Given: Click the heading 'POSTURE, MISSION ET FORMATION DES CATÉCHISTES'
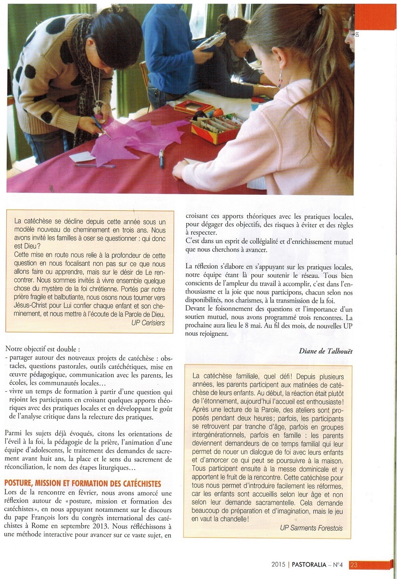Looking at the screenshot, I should (83, 483).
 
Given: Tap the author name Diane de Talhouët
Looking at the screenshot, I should (326, 351).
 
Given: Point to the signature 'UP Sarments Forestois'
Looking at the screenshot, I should (311, 528).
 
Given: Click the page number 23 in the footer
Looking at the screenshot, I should (354, 565).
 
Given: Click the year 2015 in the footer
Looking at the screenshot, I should (279, 565).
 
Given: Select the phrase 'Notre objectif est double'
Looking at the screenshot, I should (41, 349).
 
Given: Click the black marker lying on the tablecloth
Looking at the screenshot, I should (162, 159).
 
